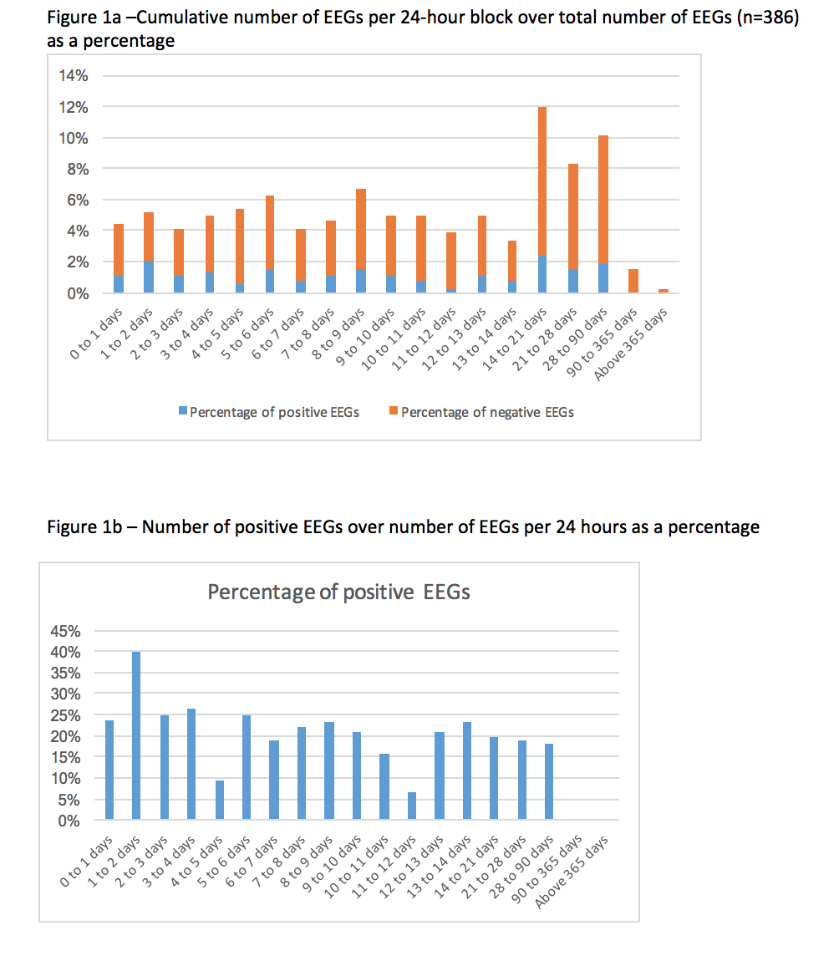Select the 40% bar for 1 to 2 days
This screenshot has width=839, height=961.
136,735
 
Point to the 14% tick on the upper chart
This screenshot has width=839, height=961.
73,76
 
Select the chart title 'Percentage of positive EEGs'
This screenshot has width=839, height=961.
338,592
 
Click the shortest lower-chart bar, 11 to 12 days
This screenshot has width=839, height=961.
411,806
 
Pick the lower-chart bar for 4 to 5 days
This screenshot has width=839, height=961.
219,800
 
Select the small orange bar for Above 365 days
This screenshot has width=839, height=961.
663,291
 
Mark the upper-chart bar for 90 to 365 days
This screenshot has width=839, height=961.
633,281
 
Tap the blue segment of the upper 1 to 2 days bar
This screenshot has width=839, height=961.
148,277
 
